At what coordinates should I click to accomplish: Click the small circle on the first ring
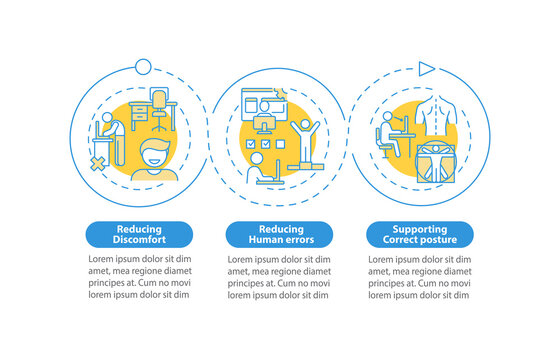click(143, 67)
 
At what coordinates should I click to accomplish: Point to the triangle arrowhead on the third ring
click(427, 69)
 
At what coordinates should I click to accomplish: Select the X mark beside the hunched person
click(100, 161)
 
